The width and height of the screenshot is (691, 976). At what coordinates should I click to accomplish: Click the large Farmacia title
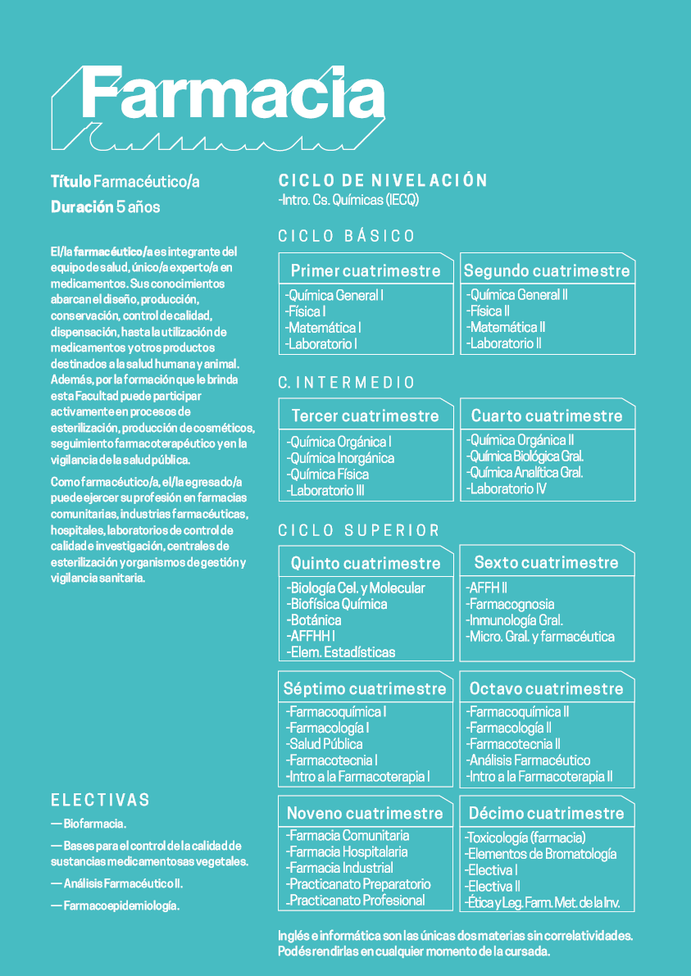pos(232,97)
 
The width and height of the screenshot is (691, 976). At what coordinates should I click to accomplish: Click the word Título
pos(70,182)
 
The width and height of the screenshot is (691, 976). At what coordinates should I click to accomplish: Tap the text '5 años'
pos(139,207)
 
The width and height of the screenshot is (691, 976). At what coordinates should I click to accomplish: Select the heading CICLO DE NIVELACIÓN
pos(383,181)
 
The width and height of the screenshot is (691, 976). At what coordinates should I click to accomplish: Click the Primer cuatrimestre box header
pos(366,270)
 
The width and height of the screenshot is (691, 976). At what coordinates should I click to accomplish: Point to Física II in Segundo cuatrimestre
pos(489,311)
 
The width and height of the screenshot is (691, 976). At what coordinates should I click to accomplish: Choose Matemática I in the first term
pos(324,328)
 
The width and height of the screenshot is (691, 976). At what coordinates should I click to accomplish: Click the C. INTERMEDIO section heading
pos(347,383)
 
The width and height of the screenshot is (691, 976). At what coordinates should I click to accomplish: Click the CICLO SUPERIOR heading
pos(359,531)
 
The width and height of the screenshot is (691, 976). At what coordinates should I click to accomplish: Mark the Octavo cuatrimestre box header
pos(547,688)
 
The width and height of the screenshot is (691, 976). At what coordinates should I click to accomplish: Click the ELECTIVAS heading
pos(101,800)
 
